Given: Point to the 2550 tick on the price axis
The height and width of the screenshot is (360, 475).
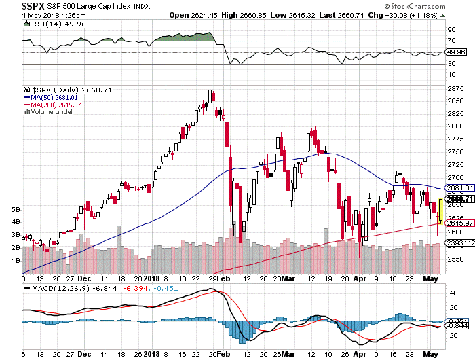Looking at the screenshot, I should (x=455, y=259).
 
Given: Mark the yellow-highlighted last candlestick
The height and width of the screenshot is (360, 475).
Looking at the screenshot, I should (x=440, y=211).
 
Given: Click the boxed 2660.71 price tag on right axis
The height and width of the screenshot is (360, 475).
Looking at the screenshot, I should (x=455, y=199).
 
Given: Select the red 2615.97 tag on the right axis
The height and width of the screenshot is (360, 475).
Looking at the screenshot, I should (x=455, y=223).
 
